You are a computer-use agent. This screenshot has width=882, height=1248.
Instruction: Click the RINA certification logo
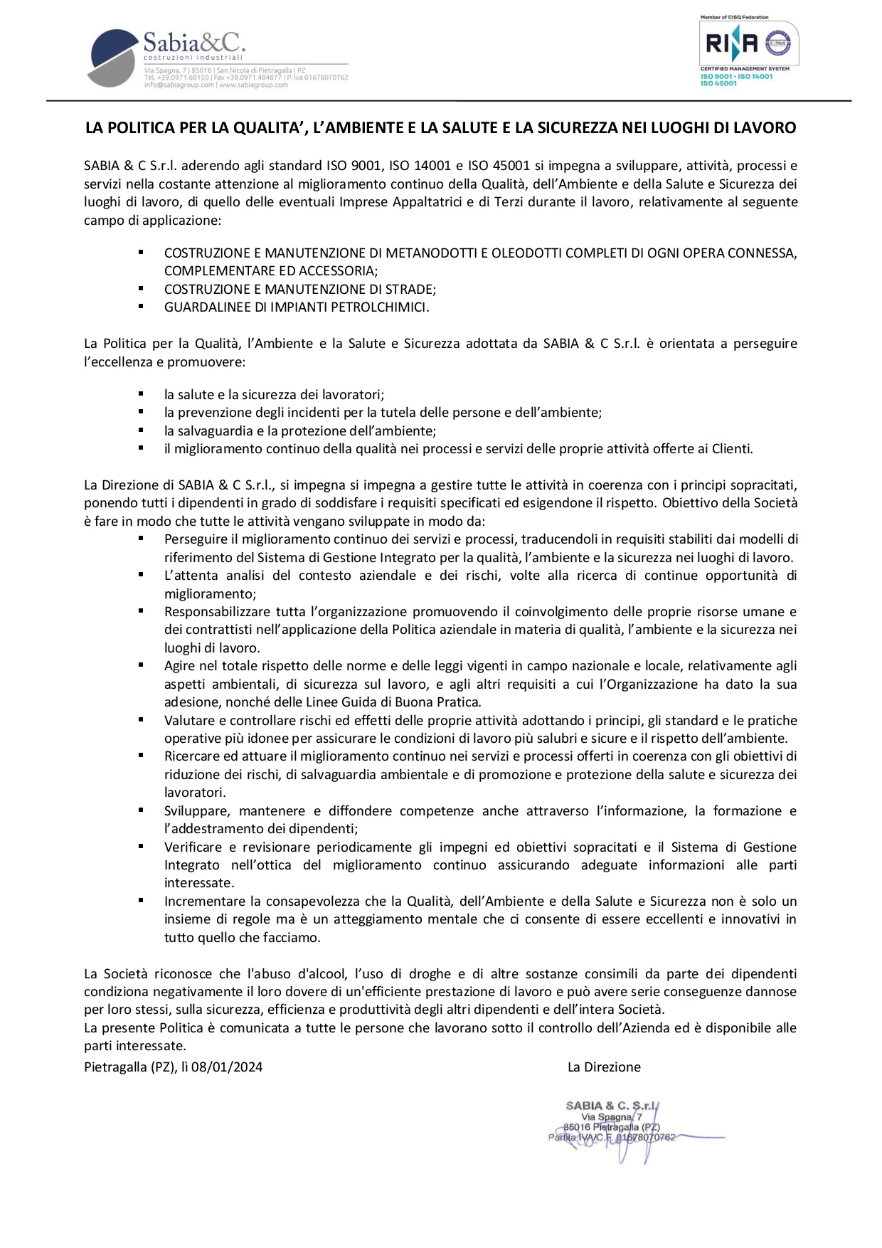coord(750,45)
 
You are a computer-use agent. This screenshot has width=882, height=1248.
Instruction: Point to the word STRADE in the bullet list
coord(409,290)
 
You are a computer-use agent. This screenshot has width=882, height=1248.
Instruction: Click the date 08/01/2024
coord(227,1067)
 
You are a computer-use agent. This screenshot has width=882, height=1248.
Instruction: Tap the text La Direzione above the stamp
coord(604,1067)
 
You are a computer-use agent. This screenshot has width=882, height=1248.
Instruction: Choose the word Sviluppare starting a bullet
coord(197,811)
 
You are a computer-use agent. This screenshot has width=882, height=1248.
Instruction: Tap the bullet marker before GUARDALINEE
coord(142,307)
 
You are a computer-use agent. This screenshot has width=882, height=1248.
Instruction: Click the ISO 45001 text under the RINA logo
coord(718,84)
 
